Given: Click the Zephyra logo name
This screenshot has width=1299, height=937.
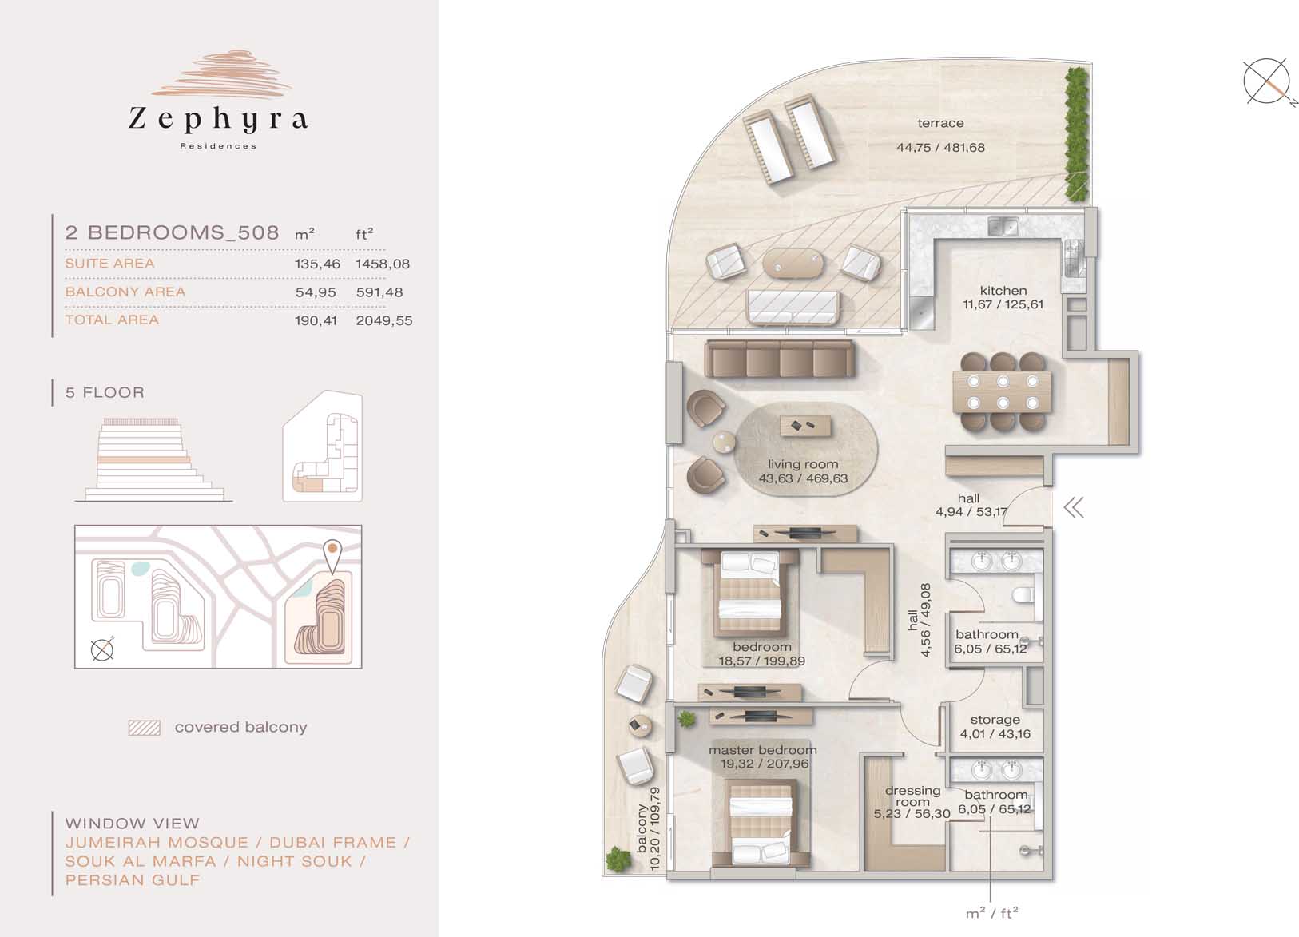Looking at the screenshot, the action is (218, 120).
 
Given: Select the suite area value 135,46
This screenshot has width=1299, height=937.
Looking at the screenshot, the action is (317, 264).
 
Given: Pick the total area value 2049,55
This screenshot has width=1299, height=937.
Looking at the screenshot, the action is (384, 320).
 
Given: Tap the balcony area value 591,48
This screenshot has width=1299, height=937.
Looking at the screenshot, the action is (379, 292).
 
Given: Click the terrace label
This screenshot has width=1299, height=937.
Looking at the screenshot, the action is (940, 123).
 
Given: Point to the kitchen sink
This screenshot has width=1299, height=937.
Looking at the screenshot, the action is (1003, 226).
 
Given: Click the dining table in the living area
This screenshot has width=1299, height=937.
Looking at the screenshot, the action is (1002, 391).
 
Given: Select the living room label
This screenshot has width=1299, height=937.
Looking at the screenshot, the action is (803, 464).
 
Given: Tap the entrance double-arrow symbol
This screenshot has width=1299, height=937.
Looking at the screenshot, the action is (1074, 508).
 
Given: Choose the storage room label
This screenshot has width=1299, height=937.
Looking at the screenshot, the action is (995, 720).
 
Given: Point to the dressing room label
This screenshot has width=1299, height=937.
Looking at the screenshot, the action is (912, 796).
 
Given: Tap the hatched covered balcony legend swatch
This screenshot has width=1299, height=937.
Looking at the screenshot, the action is (145, 728).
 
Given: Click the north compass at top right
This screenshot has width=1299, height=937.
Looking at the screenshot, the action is (1266, 81).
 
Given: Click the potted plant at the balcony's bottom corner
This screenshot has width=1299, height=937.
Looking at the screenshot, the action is (618, 859).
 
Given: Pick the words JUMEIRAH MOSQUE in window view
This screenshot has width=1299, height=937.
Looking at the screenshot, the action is (156, 842).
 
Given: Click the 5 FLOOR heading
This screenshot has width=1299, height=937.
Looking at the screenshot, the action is (105, 392).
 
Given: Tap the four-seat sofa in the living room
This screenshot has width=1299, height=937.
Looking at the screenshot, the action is (780, 359).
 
